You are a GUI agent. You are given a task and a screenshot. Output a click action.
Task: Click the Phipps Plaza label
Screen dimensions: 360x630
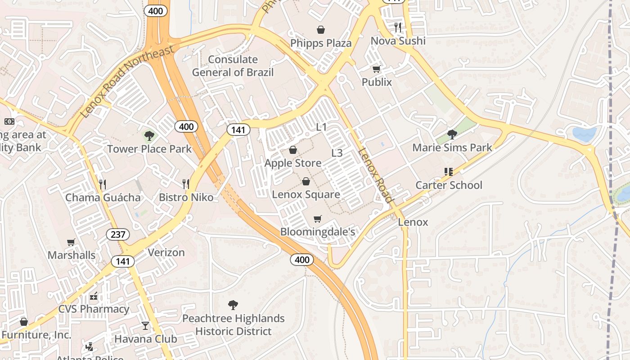[x=321, y=43]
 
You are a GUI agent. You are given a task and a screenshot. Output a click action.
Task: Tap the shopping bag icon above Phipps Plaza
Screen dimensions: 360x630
[x=321, y=30]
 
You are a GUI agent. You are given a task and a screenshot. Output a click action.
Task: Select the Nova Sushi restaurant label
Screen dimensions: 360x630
[x=398, y=41]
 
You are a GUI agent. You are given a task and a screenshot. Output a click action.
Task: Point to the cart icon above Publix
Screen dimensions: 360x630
[x=377, y=69]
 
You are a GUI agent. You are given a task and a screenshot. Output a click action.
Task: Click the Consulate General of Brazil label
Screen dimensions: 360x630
[x=233, y=66]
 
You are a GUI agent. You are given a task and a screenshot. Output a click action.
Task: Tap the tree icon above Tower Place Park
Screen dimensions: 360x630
[x=149, y=135]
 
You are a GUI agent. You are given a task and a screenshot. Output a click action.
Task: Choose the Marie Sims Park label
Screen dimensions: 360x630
[x=452, y=148]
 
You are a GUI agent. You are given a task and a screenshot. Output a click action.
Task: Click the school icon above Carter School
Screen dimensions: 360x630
[x=448, y=171]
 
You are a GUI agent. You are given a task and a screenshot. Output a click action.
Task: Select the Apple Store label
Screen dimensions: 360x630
[x=293, y=163]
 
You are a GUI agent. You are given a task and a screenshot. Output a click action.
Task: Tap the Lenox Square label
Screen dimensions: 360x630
[x=306, y=194]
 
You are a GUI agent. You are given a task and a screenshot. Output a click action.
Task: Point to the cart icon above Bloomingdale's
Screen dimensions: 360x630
[x=318, y=219]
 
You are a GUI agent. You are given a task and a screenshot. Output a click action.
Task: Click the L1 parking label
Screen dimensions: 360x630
[x=321, y=127]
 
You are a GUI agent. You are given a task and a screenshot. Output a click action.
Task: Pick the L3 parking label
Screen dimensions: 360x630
[x=337, y=153]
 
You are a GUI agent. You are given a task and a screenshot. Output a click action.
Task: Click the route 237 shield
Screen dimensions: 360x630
[x=118, y=234]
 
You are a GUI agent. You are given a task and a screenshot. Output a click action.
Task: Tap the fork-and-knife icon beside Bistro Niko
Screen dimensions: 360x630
[x=185, y=184]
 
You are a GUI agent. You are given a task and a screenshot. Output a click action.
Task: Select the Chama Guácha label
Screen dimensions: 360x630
[x=103, y=198]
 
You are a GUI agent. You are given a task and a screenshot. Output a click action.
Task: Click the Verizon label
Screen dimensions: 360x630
[x=166, y=252]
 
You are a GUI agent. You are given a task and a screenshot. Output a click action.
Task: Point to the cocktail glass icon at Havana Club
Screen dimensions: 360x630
[x=145, y=325]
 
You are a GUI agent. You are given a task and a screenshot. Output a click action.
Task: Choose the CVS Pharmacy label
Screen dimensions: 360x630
[x=94, y=309]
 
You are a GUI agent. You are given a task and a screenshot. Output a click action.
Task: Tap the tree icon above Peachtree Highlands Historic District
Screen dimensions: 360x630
[x=233, y=305]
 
